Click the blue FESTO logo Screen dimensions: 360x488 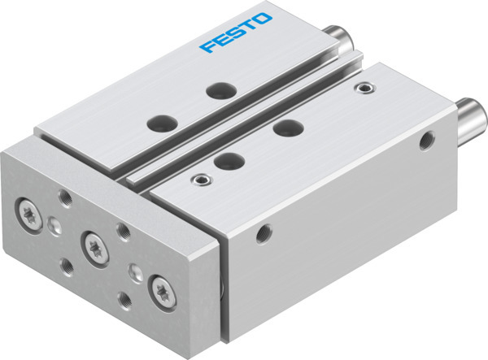tap(238, 33)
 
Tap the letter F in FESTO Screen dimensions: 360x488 tap(207, 46)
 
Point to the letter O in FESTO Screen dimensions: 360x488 tap(268, 20)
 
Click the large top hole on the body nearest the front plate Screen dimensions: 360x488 tap(230, 159)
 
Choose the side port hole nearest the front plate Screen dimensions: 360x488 tap(262, 236)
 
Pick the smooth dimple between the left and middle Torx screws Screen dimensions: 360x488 tap(54, 224)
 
